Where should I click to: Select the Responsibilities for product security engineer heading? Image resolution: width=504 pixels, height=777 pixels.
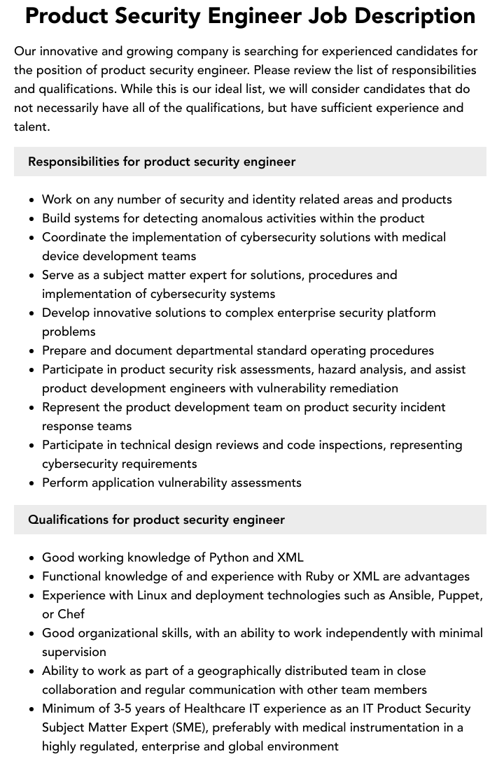pos(162,162)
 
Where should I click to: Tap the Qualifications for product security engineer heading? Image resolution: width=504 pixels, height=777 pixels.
pos(156,520)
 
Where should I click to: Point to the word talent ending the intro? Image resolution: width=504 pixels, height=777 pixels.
pos(31,127)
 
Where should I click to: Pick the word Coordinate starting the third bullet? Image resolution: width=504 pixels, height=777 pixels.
pos(73,237)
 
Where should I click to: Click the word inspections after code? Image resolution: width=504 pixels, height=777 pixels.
pos(342,445)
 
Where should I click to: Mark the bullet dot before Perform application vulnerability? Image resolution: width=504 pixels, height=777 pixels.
pos(32,483)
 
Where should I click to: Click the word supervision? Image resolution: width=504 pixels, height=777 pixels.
pos(74,652)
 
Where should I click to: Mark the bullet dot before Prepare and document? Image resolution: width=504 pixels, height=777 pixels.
pos(32,351)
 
